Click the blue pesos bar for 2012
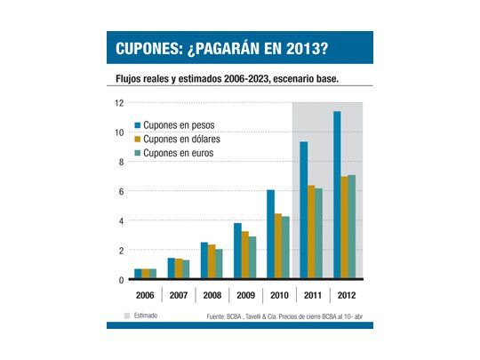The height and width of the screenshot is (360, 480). tap(337, 196)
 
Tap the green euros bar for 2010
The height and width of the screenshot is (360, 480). tap(284, 248)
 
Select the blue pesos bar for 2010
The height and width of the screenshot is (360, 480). tap(270, 235)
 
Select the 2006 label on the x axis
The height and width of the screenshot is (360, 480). tap(145, 294)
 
